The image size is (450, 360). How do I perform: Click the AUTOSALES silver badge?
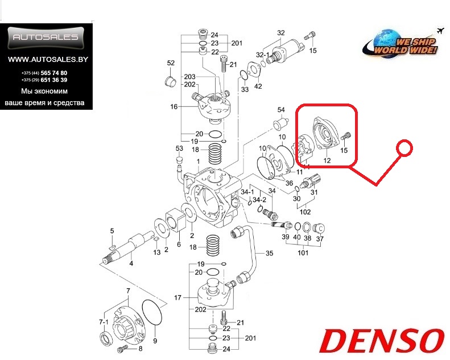point(46,38)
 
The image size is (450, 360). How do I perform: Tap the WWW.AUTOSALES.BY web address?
point(48,59)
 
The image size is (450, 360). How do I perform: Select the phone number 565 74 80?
point(54,73)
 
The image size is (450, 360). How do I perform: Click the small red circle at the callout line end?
point(404,148)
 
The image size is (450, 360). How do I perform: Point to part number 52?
point(171,63)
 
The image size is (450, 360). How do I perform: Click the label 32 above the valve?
point(281,32)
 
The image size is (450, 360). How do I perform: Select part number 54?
point(281,110)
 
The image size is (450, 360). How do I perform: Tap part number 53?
point(179,148)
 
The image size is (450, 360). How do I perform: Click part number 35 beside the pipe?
point(269,253)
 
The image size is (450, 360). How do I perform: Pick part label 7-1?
point(104,322)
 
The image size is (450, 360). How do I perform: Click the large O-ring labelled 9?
point(152,312)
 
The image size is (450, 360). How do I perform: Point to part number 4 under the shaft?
point(131,263)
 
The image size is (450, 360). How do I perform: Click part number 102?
point(305,212)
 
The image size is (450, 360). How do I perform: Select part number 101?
point(303,253)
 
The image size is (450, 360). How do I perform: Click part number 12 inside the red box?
point(327,160)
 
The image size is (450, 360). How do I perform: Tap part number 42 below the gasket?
point(258,86)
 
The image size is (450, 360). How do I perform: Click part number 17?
point(177,298)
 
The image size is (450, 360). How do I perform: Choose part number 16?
point(174,107)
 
